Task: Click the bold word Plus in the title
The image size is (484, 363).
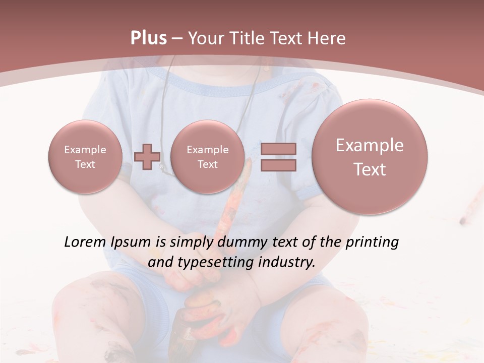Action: coord(149,38)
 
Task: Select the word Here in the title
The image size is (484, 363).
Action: coord(328,38)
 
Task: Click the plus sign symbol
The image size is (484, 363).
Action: coord(147,156)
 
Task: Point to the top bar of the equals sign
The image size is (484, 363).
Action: coord(278,149)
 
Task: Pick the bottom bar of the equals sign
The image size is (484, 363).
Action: coord(278,165)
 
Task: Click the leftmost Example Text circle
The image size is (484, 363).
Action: coord(85,157)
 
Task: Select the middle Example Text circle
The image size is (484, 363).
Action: coord(208,157)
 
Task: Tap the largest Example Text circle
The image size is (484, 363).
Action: coord(370,157)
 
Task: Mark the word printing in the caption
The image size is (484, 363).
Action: coord(372,243)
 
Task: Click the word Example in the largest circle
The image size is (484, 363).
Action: coord(370,145)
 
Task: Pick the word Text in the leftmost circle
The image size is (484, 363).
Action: coord(85,164)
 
